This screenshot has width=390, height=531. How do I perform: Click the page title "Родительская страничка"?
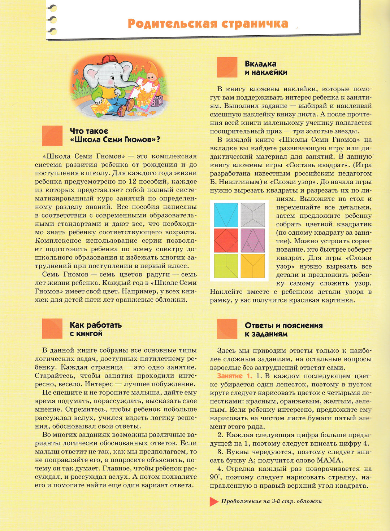[x=208, y=23]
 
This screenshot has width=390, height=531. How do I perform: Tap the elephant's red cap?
[x=107, y=59]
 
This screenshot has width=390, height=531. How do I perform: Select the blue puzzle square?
[x=226, y=215]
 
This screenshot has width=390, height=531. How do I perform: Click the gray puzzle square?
[x=253, y=215]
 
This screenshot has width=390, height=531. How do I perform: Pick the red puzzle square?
[x=226, y=240]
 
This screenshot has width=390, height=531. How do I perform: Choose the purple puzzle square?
[x=253, y=240]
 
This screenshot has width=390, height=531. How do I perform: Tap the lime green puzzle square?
[x=226, y=266]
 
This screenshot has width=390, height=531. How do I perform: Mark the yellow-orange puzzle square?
[x=253, y=266]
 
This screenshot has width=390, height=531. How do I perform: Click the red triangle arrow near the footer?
[x=214, y=501]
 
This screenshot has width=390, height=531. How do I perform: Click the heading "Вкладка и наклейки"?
[x=266, y=68]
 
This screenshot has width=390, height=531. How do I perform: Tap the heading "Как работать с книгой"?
[x=95, y=329]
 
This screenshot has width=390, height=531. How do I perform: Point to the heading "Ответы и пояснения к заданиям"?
[x=283, y=329]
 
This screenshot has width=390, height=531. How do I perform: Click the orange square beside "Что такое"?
[x=52, y=136]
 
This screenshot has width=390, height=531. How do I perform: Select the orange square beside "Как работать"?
[x=52, y=329]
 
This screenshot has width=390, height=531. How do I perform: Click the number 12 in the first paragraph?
[x=133, y=181]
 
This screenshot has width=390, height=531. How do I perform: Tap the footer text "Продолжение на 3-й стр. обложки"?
[x=271, y=501]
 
